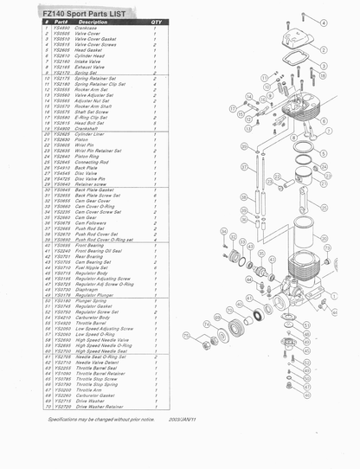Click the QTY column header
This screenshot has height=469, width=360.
point(156,21)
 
